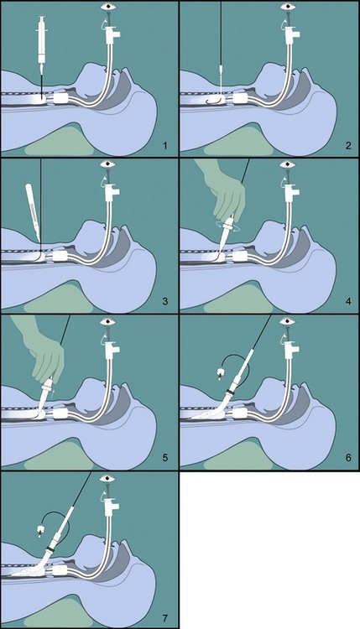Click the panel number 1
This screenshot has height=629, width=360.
pos(165,145)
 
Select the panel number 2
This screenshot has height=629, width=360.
pos(348,145)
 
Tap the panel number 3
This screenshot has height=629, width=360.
pos(165,301)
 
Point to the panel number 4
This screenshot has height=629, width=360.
pos(348,301)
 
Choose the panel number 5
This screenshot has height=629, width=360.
pos(165,457)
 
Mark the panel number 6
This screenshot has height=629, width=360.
pos(348,457)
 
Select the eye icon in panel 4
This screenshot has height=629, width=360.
pos(287,164)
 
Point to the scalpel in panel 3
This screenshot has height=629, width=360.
pos(33,212)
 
